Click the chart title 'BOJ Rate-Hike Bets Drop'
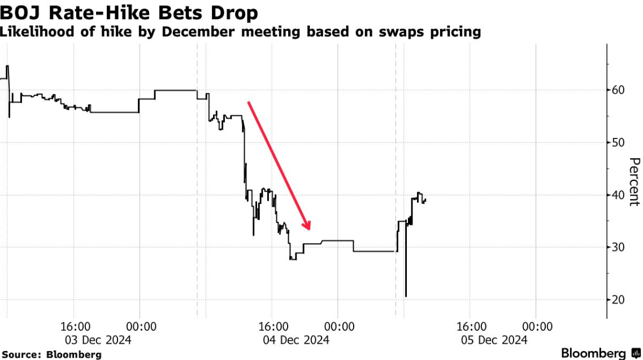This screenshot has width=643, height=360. pyautogui.click(x=130, y=12)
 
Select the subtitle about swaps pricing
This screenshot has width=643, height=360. pyautogui.click(x=240, y=32)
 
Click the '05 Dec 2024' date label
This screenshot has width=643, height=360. pyautogui.click(x=494, y=340)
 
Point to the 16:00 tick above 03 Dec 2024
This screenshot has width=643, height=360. pyautogui.click(x=75, y=327)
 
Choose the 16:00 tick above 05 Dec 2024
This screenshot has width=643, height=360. pyautogui.click(x=471, y=327)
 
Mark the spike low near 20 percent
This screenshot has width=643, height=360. pyautogui.click(x=406, y=296)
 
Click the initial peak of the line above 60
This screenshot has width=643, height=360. pyautogui.click(x=7, y=66)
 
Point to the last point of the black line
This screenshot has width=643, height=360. pyautogui.click(x=425, y=199)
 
